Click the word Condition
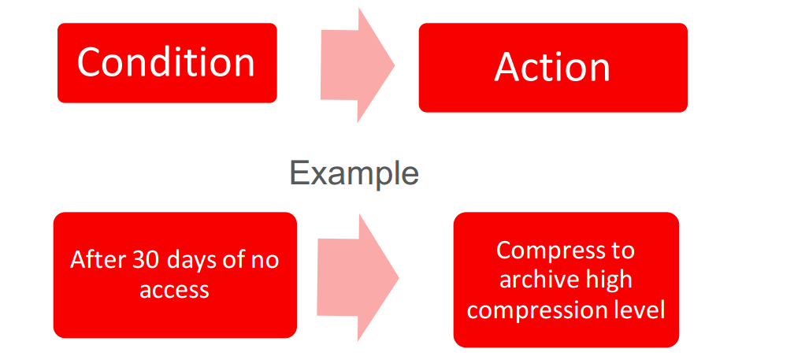click(x=165, y=62)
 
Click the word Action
click(x=552, y=67)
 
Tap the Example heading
click(x=354, y=174)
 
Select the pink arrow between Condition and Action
click(x=358, y=65)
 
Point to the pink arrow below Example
click(x=358, y=277)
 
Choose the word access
click(x=174, y=291)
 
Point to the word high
click(x=607, y=281)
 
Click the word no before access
click(x=266, y=262)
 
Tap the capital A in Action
click(x=508, y=66)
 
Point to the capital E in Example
click(x=299, y=173)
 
